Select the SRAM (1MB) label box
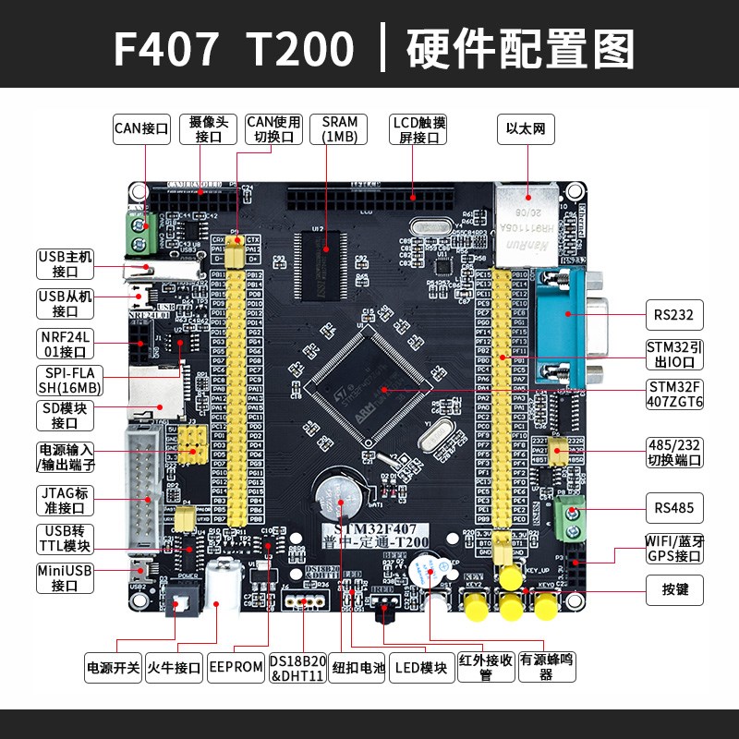click(339, 128)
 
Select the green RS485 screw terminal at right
click(572, 522)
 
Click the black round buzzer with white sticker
click(428, 574)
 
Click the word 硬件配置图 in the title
click(521, 48)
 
